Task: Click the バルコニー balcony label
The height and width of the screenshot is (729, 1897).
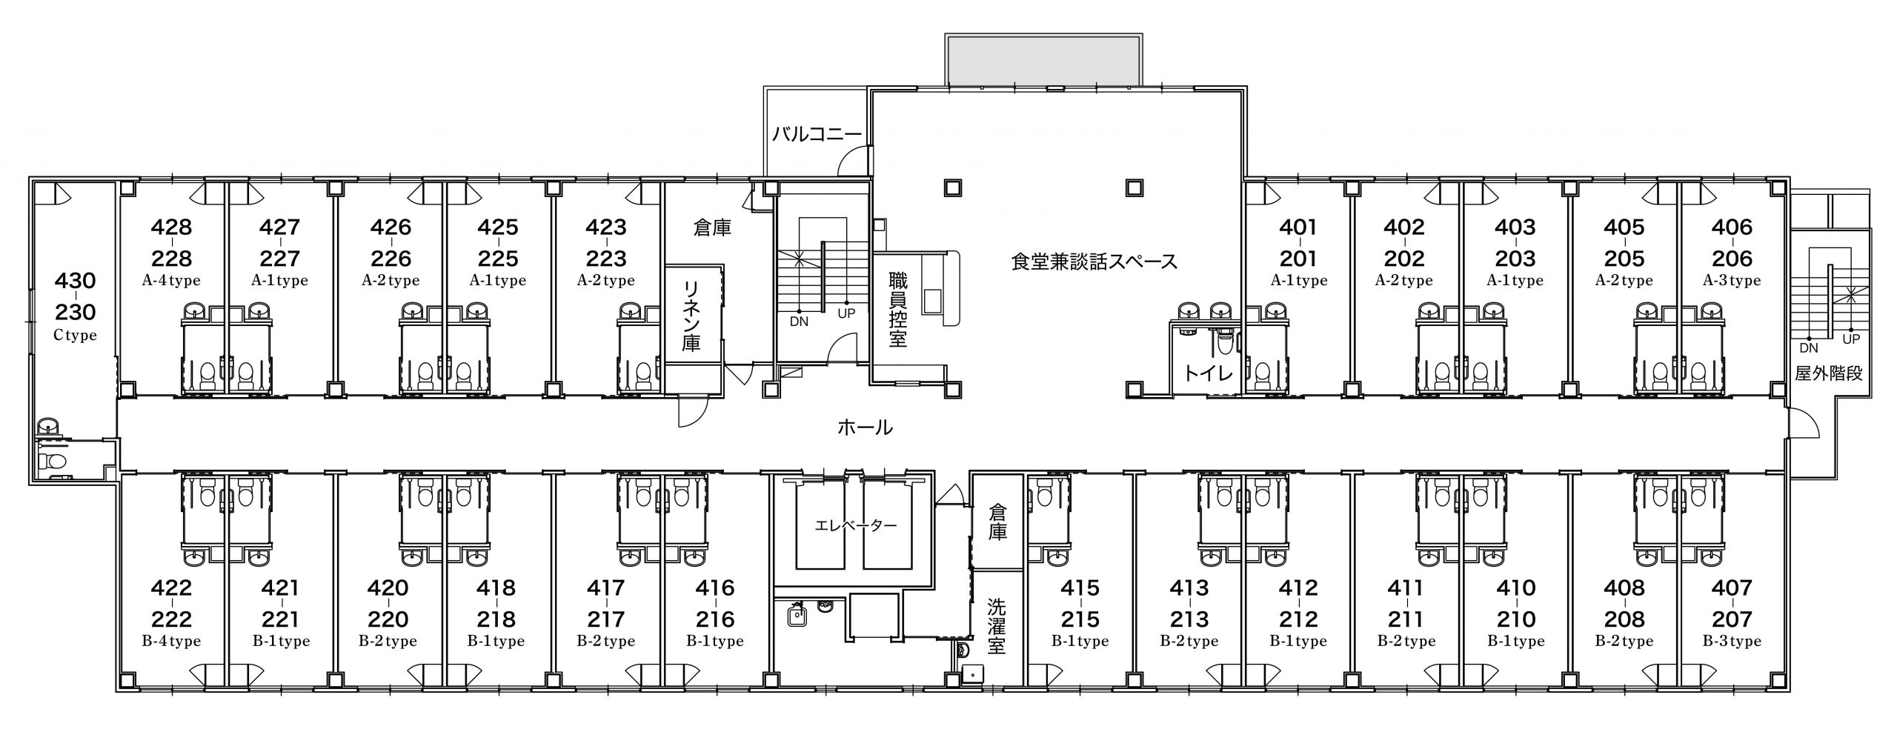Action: (817, 134)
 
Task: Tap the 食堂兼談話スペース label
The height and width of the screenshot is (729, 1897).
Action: (1094, 262)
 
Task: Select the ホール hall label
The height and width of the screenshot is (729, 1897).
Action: (865, 427)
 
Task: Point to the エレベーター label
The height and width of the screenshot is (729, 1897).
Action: (856, 525)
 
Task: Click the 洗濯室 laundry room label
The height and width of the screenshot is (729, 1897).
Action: (997, 627)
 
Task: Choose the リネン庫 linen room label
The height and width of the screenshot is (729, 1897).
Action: (691, 316)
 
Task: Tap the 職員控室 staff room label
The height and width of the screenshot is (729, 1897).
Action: (898, 310)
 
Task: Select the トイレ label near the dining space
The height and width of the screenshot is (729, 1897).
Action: (1208, 373)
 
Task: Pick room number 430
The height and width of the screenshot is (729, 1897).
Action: (75, 281)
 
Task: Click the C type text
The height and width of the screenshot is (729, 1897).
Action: (75, 335)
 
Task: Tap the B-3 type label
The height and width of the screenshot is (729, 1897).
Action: (1732, 641)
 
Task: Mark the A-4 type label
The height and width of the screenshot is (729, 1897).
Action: (171, 281)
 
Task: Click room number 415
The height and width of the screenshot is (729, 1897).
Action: (1080, 587)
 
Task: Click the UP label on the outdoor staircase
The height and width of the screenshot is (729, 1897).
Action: (1851, 339)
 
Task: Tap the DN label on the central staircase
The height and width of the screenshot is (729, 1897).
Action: (799, 322)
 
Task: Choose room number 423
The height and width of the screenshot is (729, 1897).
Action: (605, 227)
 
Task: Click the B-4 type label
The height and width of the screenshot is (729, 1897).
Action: (171, 641)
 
